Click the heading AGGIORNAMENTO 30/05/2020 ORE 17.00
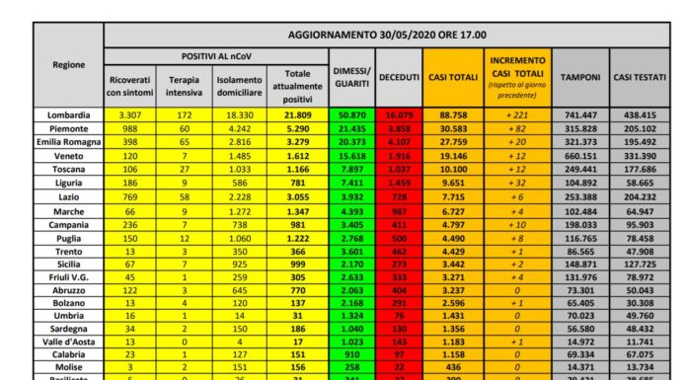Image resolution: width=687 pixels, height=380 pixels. click(x=386, y=35)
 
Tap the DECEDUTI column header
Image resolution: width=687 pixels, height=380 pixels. click(x=399, y=77)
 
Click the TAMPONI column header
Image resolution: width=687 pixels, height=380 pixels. click(x=580, y=77)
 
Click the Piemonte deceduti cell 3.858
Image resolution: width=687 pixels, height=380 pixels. click(x=399, y=129)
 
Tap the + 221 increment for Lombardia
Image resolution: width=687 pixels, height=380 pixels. click(x=514, y=115)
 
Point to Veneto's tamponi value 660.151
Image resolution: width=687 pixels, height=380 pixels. click(x=580, y=157)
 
